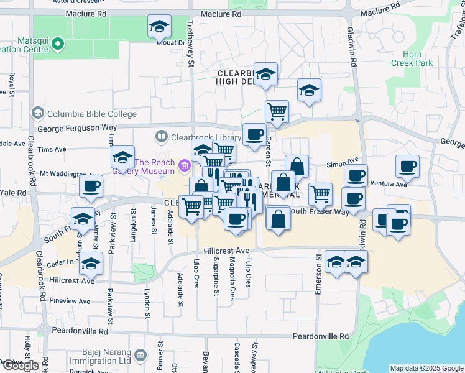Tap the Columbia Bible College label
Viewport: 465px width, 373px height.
(x=91, y=114)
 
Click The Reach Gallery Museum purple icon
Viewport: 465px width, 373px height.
(x=183, y=166)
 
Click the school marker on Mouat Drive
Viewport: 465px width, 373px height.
(x=159, y=27)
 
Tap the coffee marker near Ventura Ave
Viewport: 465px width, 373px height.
(x=407, y=166)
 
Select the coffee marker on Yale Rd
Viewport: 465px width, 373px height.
(x=91, y=186)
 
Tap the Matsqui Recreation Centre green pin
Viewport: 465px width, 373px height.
(x=58, y=44)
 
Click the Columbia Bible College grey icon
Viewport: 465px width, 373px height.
(x=38, y=113)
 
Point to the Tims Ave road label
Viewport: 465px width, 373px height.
(x=52, y=150)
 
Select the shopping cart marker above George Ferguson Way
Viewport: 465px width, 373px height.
(x=277, y=111)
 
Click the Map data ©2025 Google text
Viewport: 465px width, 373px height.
(x=426, y=368)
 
